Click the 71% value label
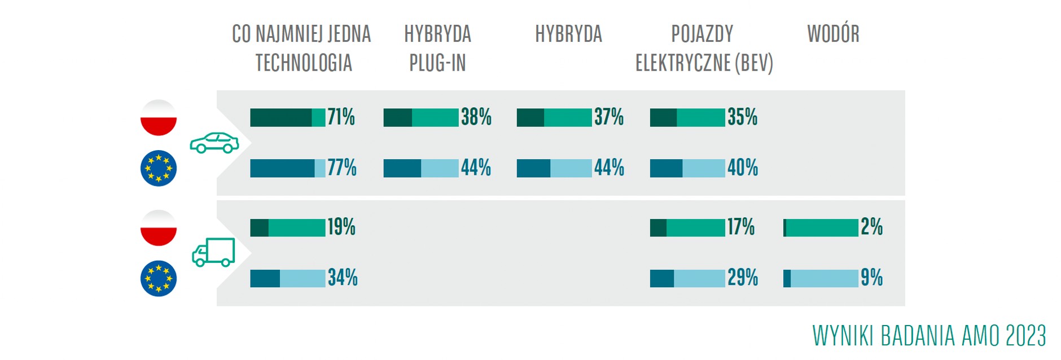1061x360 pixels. click(x=341, y=117)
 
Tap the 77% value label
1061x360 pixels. click(x=342, y=168)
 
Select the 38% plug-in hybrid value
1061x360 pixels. click(x=476, y=117)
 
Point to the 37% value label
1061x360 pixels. click(x=609, y=117)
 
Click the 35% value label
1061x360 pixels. click(x=743, y=117)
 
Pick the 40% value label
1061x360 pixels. click(x=743, y=168)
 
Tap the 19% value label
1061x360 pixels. click(x=342, y=227)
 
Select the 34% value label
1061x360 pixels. click(x=343, y=278)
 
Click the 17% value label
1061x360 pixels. click(x=741, y=227)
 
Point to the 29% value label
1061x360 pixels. click(x=743, y=278)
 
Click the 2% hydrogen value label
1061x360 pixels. click(x=872, y=227)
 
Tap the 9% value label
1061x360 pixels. click(x=872, y=278)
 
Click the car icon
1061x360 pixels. click(x=214, y=143)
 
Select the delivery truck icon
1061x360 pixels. click(x=213, y=252)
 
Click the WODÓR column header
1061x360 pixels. click(x=834, y=34)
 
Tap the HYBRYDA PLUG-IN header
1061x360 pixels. click(x=438, y=49)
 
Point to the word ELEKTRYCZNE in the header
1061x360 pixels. click(x=683, y=63)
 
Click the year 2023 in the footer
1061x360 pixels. click(x=1025, y=336)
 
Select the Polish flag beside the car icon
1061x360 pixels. click(x=159, y=118)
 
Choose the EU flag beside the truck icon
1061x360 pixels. click(x=159, y=279)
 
